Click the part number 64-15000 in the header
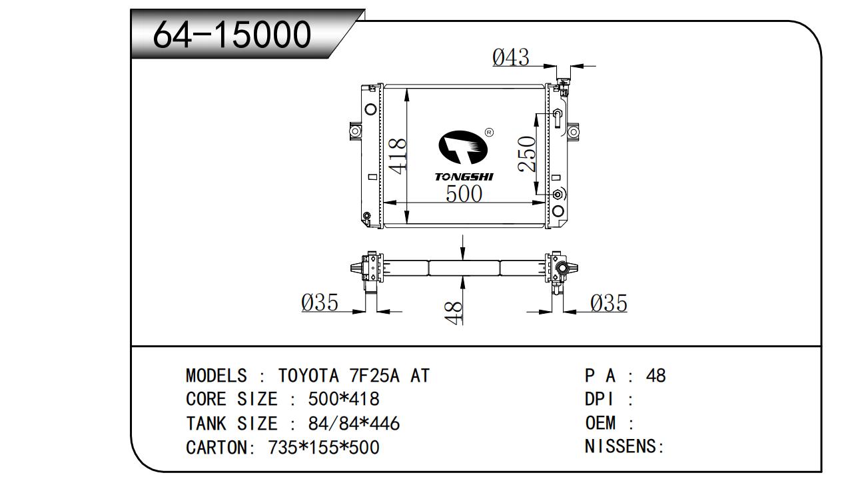[232, 35]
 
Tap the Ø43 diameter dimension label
[511, 57]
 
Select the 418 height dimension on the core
[397, 157]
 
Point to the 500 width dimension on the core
[464, 193]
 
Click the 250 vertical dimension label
[527, 154]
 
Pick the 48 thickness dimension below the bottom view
[454, 312]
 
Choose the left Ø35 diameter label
[320, 302]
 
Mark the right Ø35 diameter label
[609, 303]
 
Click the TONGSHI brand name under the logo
[464, 177]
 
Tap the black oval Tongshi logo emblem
[463, 147]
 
